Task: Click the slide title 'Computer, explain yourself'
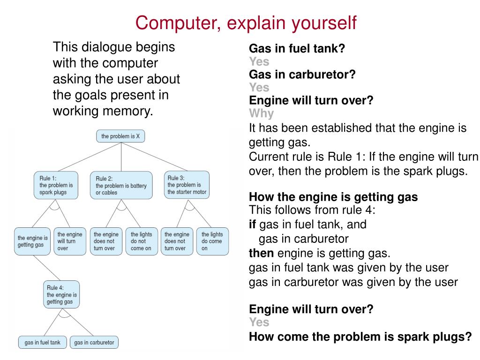246,22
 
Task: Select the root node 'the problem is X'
121,136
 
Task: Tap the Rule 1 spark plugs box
54,185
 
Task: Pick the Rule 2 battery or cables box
121,185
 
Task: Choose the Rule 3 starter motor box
187,185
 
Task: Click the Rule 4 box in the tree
61,294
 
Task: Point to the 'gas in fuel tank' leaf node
42,342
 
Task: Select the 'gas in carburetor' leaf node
94,342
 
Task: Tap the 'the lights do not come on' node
141,241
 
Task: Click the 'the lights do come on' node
212,241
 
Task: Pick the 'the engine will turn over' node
69,241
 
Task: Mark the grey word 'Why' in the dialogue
261,113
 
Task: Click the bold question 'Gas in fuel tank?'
297,49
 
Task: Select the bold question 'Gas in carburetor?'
302,75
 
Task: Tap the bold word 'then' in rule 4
261,254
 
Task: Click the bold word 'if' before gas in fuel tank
252,224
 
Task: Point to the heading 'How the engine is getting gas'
333,197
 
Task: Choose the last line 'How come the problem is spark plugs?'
360,336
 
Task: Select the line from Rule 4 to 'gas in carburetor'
77,322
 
